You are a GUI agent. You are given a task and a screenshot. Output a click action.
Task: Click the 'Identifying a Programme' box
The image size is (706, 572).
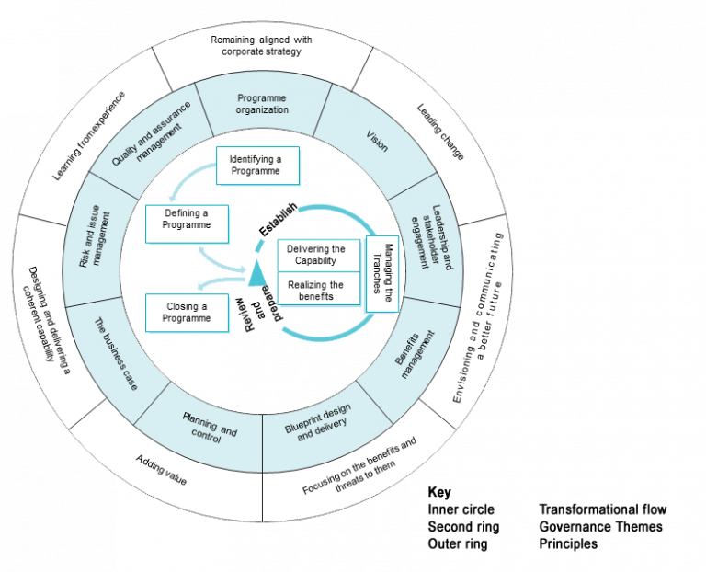click(x=256, y=165)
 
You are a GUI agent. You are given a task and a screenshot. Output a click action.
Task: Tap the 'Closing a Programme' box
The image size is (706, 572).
click(x=187, y=312)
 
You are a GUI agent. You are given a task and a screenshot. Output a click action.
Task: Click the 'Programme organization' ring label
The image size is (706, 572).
click(x=263, y=104)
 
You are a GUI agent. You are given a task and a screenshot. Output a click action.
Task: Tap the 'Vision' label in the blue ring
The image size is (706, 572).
click(x=377, y=141)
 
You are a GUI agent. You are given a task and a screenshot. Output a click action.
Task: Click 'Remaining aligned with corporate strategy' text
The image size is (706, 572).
click(x=262, y=46)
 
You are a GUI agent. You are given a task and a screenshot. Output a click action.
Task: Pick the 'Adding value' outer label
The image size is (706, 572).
click(x=161, y=468)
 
